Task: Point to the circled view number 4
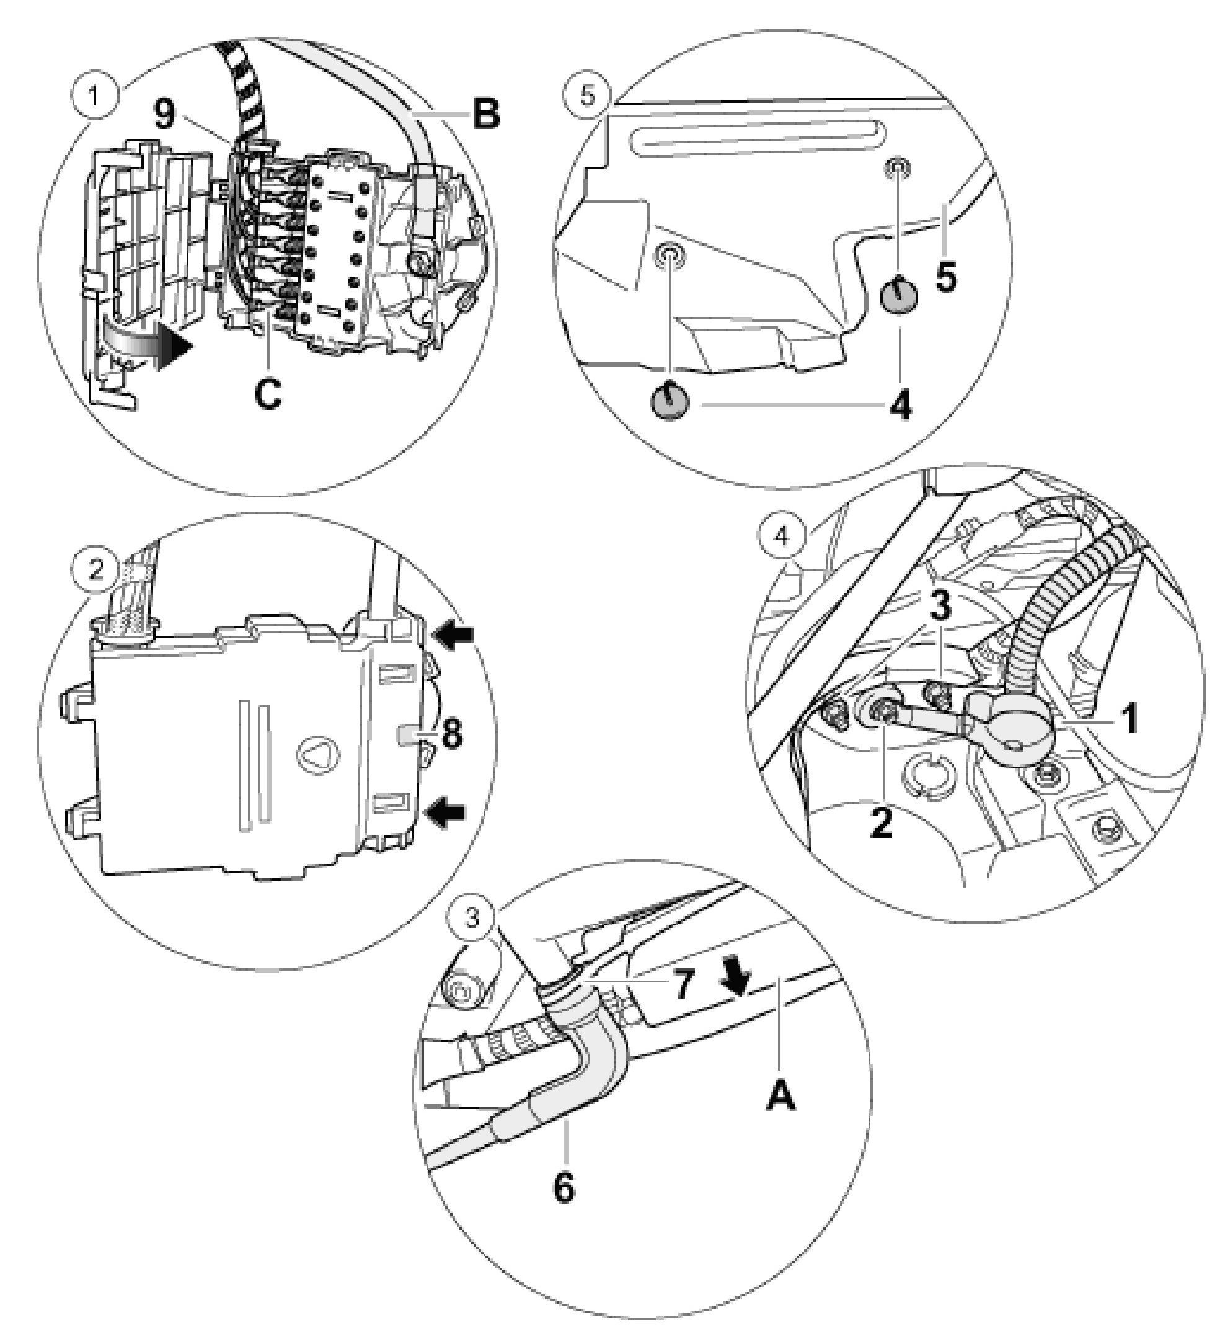tap(782, 536)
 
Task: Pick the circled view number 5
tap(588, 96)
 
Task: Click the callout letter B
tap(485, 115)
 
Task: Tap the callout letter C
tap(268, 394)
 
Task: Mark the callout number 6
tap(564, 1188)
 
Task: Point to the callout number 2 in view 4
tap(881, 824)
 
